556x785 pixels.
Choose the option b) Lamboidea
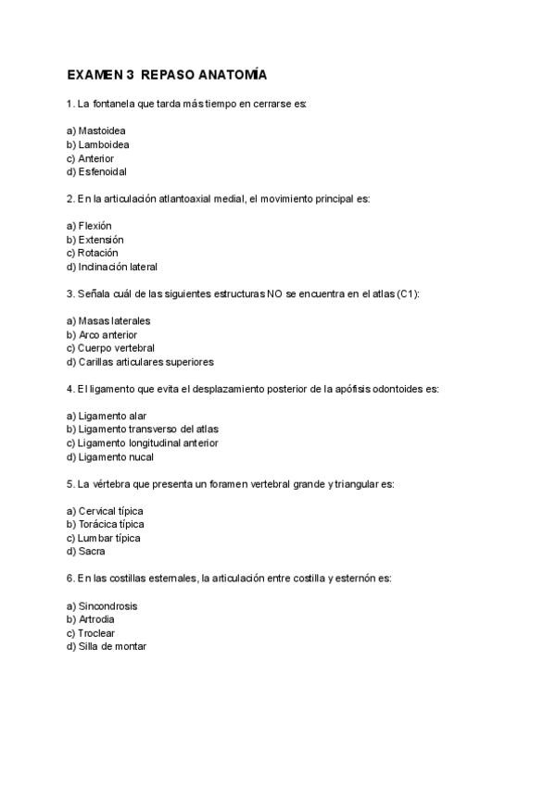97,144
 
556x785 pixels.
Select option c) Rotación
92,253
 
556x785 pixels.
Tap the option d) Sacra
85,552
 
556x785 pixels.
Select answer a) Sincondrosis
102,606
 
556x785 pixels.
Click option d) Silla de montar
107,647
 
